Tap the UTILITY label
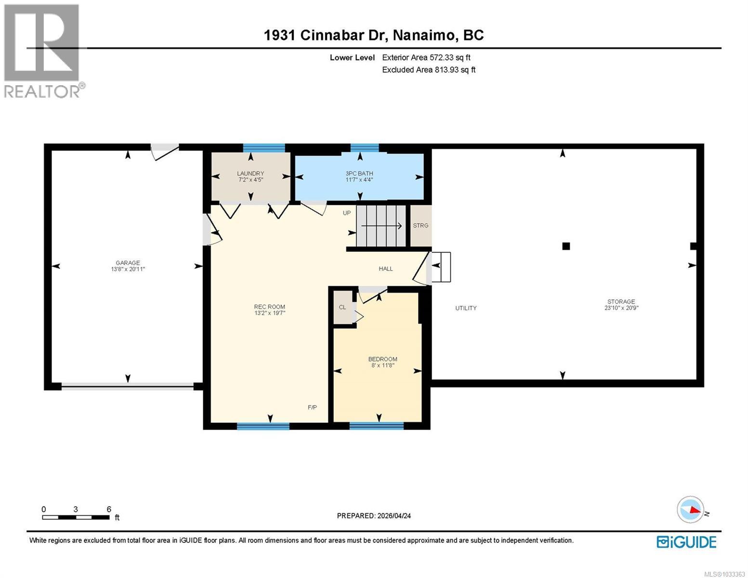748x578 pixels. [x=466, y=308]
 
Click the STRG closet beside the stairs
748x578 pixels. [x=420, y=225]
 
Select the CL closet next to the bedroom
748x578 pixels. [x=342, y=307]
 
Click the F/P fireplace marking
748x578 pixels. [x=312, y=407]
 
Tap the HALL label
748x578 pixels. [x=386, y=269]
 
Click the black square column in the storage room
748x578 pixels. [x=566, y=246]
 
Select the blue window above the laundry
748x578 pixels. [x=263, y=148]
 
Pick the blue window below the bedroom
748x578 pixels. [x=376, y=425]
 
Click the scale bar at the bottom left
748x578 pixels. [x=76, y=517]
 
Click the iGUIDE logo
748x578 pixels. [x=686, y=542]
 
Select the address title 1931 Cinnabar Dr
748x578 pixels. [x=374, y=35]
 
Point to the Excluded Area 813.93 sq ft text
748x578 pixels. [x=429, y=70]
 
